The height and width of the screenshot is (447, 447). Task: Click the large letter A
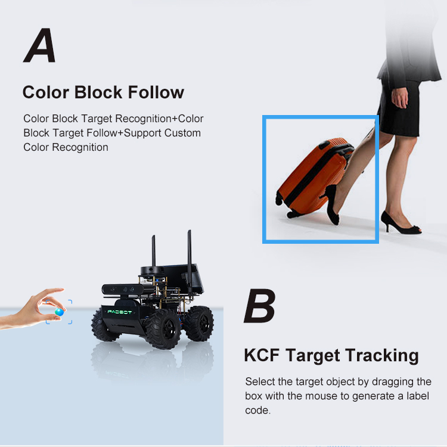click(40, 45)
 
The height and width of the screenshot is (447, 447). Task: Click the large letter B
click(260, 306)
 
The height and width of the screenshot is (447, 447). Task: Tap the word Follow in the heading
click(156, 92)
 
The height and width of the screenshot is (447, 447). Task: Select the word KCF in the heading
click(262, 355)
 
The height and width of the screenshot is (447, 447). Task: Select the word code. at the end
click(257, 410)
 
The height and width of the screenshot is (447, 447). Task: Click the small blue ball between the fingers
click(59, 312)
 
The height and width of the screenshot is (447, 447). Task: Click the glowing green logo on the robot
click(120, 312)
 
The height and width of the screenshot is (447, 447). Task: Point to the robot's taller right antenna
click(190, 262)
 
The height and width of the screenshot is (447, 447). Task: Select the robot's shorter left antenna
click(153, 251)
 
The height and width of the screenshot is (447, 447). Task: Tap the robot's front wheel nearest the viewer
click(163, 329)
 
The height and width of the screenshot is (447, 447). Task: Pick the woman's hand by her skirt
click(399, 97)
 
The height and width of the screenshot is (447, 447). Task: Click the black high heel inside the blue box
click(331, 204)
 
